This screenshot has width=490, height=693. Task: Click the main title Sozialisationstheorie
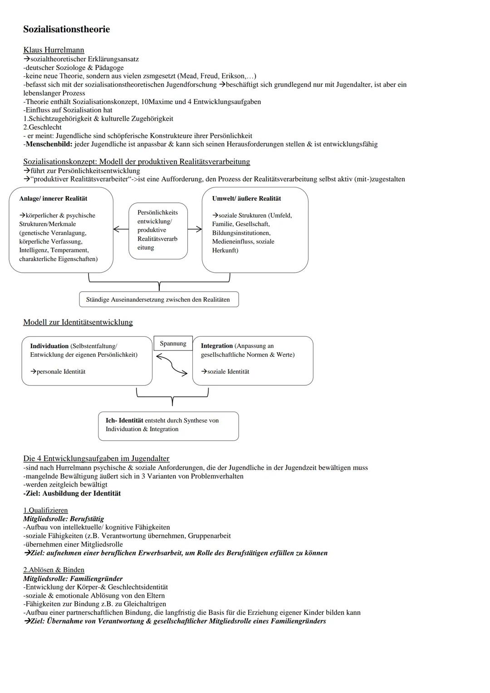tap(66, 29)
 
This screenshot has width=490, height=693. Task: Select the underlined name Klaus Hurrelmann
tap(54, 50)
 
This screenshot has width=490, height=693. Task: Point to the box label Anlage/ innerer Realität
tap(53, 198)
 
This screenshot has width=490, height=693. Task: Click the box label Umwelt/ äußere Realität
tap(246, 198)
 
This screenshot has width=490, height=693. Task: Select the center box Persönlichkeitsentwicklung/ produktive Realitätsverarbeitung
tap(158, 230)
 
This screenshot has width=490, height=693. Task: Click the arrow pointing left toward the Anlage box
tap(120, 230)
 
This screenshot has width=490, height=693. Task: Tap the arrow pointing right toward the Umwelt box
tap(195, 230)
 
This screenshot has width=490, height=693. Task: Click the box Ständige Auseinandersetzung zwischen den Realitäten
tap(158, 300)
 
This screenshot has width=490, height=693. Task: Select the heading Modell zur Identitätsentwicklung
tap(78, 322)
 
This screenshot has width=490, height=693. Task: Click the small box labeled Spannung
tap(173, 344)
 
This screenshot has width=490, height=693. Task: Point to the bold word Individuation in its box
tap(49, 346)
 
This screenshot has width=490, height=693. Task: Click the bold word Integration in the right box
tap(216, 346)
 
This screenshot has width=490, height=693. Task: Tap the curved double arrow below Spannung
tap(171, 364)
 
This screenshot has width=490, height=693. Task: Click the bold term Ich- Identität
tap(124, 420)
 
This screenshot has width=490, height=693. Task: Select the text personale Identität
tap(61, 372)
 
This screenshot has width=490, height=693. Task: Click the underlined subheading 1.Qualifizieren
tap(45, 510)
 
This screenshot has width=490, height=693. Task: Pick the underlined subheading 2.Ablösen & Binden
tap(54, 570)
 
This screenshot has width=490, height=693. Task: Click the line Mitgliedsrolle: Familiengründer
tap(73, 579)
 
